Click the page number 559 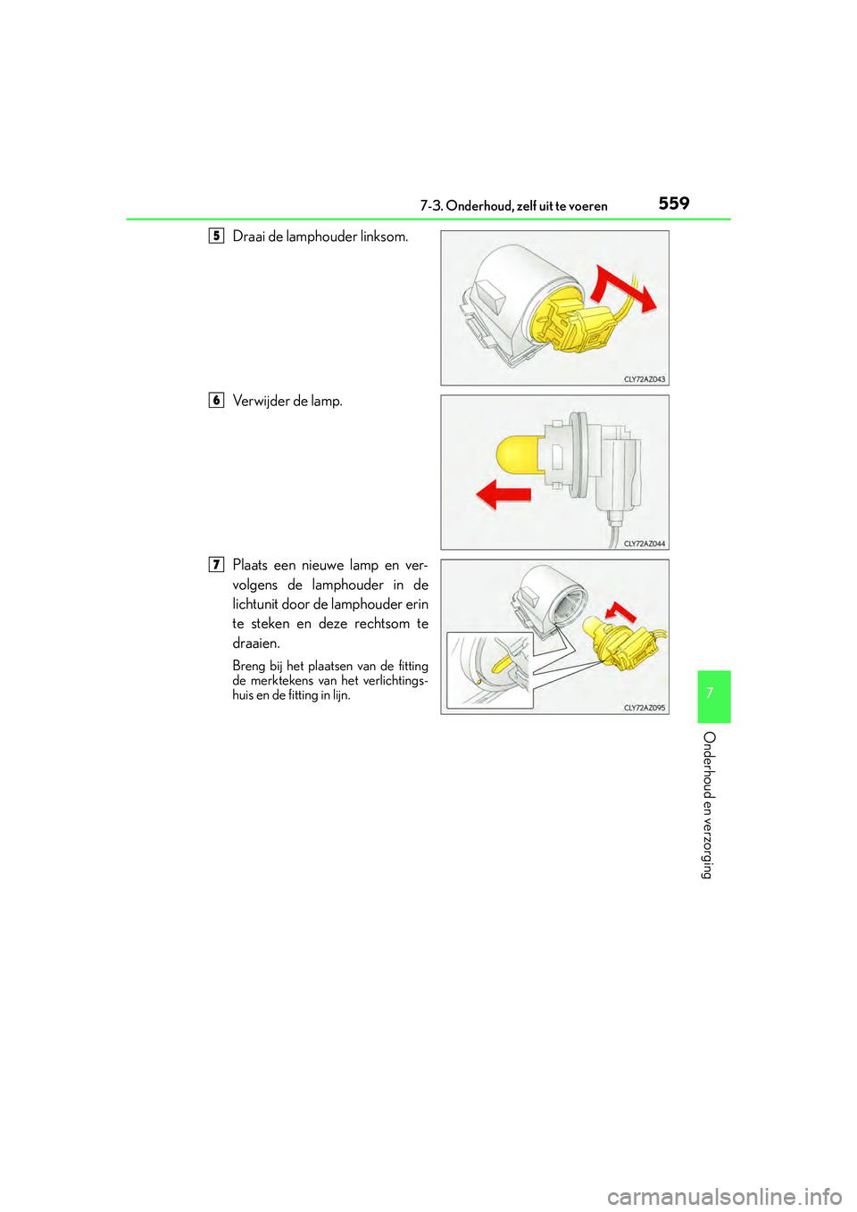pos(674,203)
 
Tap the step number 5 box pos(216,236)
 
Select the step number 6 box pos(216,400)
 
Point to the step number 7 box pos(216,564)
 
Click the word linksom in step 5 pos(384,237)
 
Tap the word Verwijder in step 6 pos(261,401)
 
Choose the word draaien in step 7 pos(255,643)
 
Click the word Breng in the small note pos(248,666)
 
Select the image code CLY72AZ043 pos(644,379)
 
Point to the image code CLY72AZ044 pos(644,544)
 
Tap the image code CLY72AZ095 pos(644,708)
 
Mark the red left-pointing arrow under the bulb pos(503,494)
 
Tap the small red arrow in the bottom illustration pos(620,611)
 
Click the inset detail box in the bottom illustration pos(489,670)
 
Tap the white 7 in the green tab pos(710,693)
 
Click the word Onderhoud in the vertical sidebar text pos(709,764)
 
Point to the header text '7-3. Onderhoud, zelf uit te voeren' pos(513,206)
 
